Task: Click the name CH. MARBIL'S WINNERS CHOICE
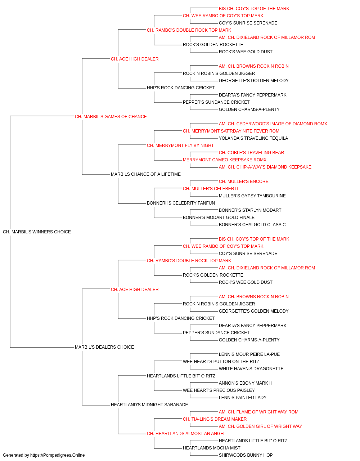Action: (x=37, y=232)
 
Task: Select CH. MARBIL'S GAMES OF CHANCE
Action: (x=111, y=117)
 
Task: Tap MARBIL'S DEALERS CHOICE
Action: (x=104, y=347)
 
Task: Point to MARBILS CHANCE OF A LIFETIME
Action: (x=146, y=174)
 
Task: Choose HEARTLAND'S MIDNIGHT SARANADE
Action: (x=149, y=405)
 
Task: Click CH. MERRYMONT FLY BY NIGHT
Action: (x=180, y=146)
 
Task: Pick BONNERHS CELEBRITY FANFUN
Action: (x=181, y=203)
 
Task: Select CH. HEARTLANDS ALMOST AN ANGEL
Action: (x=186, y=434)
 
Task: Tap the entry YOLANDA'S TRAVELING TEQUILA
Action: (x=253, y=138)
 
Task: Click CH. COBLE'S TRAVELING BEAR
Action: (x=251, y=153)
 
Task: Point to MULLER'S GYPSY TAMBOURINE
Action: (x=252, y=196)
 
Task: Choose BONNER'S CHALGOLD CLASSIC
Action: (x=252, y=225)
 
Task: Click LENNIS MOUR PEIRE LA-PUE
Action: (x=249, y=354)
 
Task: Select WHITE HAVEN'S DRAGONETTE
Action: (x=251, y=369)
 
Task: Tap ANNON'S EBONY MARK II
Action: (x=245, y=383)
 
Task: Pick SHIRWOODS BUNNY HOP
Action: (x=246, y=455)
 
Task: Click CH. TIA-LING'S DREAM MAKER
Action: (x=215, y=419)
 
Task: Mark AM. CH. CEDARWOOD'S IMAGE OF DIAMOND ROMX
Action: (x=273, y=124)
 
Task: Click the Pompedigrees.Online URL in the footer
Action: (x=57, y=455)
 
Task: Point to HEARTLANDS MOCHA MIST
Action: (x=212, y=448)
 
